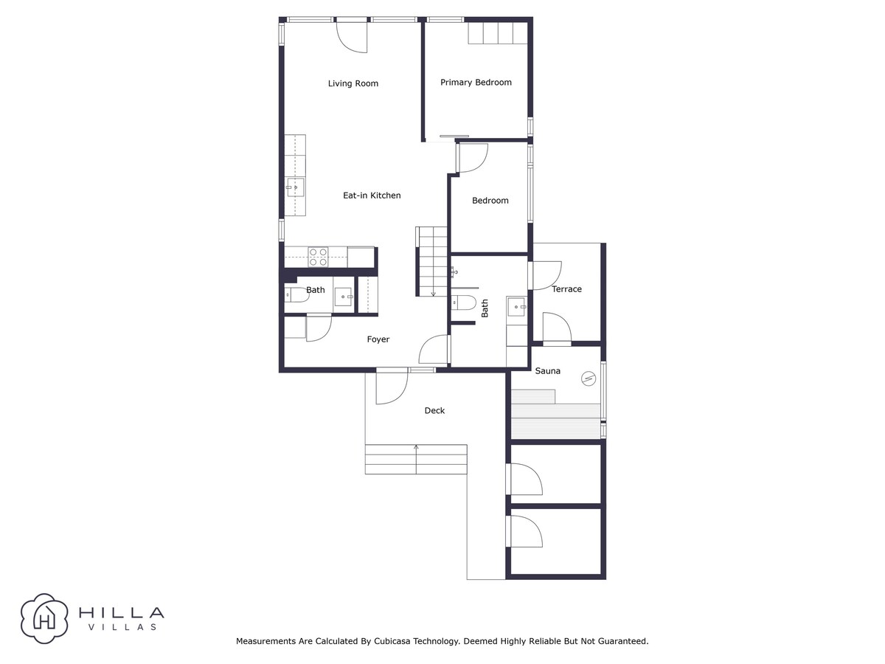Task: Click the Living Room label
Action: (353, 83)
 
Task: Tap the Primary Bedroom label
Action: (476, 83)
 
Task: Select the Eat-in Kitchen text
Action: (372, 196)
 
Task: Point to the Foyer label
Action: (378, 339)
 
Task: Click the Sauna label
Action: (547, 371)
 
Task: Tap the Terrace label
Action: (566, 289)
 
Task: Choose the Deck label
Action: (434, 411)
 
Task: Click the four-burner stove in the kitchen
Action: (318, 257)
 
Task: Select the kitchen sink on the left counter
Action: (295, 187)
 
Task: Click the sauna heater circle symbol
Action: (589, 378)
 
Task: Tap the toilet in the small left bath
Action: (296, 295)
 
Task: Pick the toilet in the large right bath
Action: (464, 302)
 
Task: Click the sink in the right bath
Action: (517, 307)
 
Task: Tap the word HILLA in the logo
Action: (122, 613)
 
